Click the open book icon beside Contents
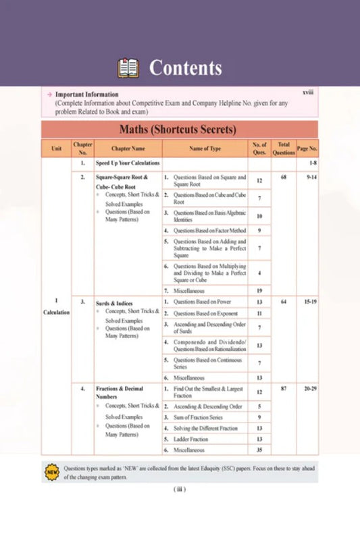[x=128, y=68]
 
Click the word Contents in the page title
[x=185, y=68]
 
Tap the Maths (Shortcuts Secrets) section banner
[x=179, y=129]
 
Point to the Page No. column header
[x=307, y=148]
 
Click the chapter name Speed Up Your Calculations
[x=128, y=163]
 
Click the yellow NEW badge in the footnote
[x=52, y=471]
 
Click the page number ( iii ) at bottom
[x=180, y=489]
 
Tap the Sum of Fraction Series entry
[x=201, y=417]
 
